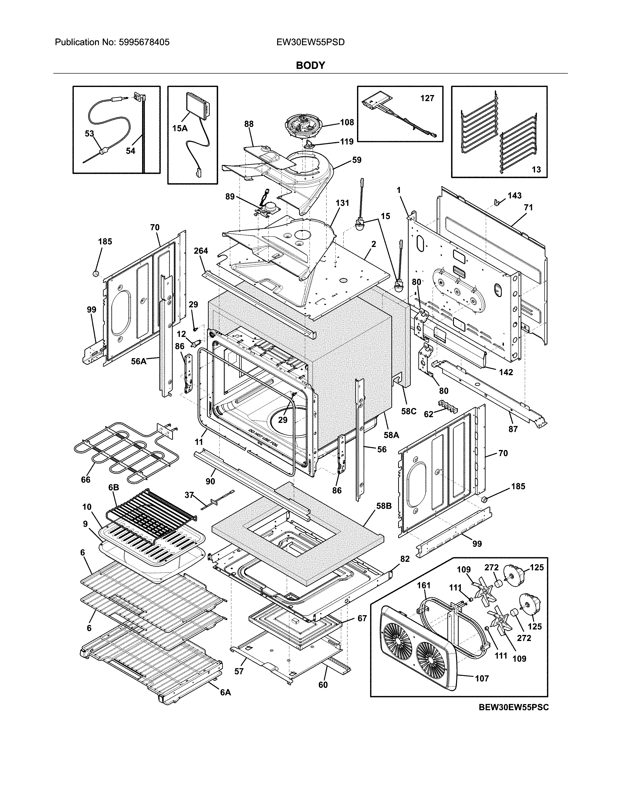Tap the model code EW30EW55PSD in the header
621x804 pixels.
[x=310, y=42]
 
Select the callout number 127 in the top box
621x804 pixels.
[x=427, y=98]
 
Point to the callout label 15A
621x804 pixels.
[x=179, y=128]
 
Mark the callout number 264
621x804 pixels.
[x=201, y=251]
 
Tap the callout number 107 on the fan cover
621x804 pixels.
[x=481, y=678]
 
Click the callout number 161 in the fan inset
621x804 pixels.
[x=424, y=585]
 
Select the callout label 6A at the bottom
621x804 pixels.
[x=226, y=692]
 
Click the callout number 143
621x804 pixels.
[x=515, y=195]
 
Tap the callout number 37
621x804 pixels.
[x=189, y=495]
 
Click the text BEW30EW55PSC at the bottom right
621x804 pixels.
[x=514, y=708]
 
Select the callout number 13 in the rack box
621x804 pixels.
[x=536, y=169]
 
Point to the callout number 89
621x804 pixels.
[x=230, y=197]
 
